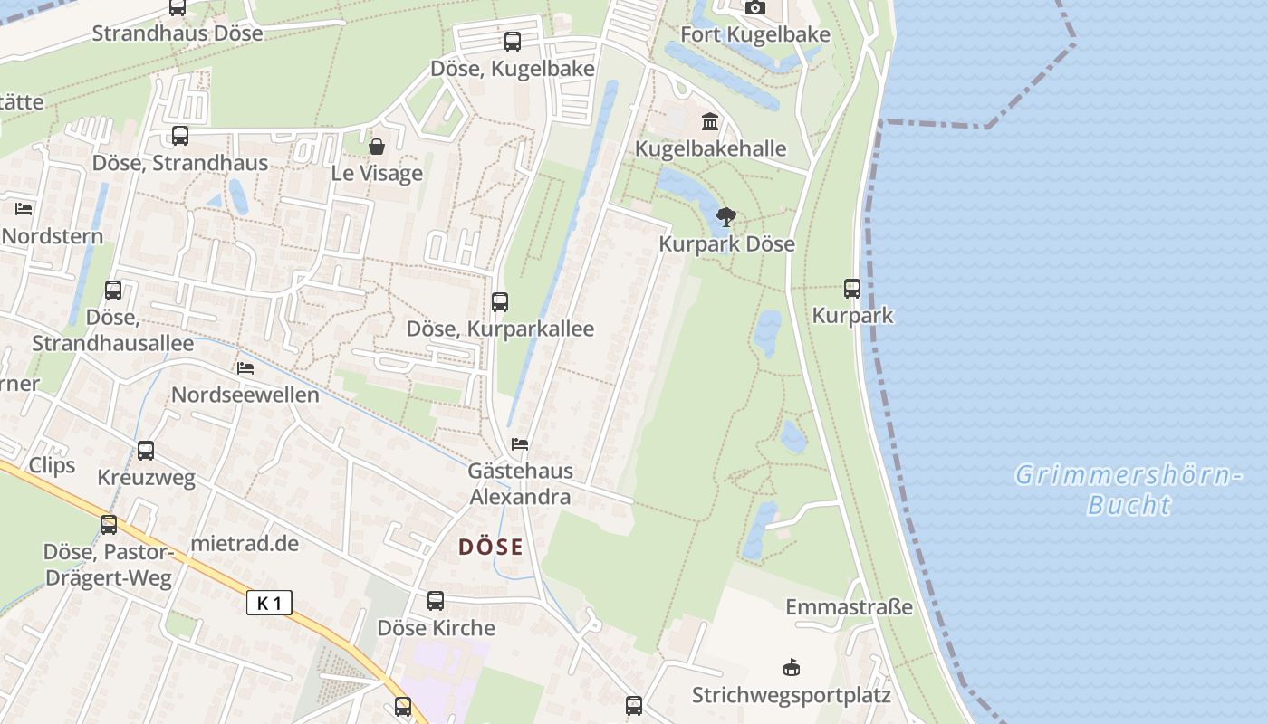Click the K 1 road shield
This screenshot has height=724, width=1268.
(269, 603)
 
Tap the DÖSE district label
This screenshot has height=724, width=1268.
(491, 547)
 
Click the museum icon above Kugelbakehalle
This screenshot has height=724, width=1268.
(710, 121)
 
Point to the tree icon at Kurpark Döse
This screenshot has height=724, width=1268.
(725, 217)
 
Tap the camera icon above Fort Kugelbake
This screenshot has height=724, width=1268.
(754, 8)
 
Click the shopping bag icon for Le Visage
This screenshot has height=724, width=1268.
(377, 147)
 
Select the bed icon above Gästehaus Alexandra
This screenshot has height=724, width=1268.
(520, 444)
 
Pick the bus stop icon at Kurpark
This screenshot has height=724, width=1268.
(852, 289)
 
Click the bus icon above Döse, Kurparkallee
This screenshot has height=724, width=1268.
(500, 302)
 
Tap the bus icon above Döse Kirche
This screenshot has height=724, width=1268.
(436, 601)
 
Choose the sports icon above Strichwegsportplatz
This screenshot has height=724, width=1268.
(792, 668)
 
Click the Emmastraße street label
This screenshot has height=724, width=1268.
(849, 606)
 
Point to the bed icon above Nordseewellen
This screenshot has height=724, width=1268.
(245, 368)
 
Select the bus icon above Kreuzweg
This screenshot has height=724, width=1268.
(146, 451)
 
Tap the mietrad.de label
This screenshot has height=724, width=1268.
(245, 544)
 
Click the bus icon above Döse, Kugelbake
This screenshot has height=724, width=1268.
(513, 42)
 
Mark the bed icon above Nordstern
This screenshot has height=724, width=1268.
(24, 209)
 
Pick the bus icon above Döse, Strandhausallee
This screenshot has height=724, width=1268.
(113, 291)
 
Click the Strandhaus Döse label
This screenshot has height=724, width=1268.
(178, 33)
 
